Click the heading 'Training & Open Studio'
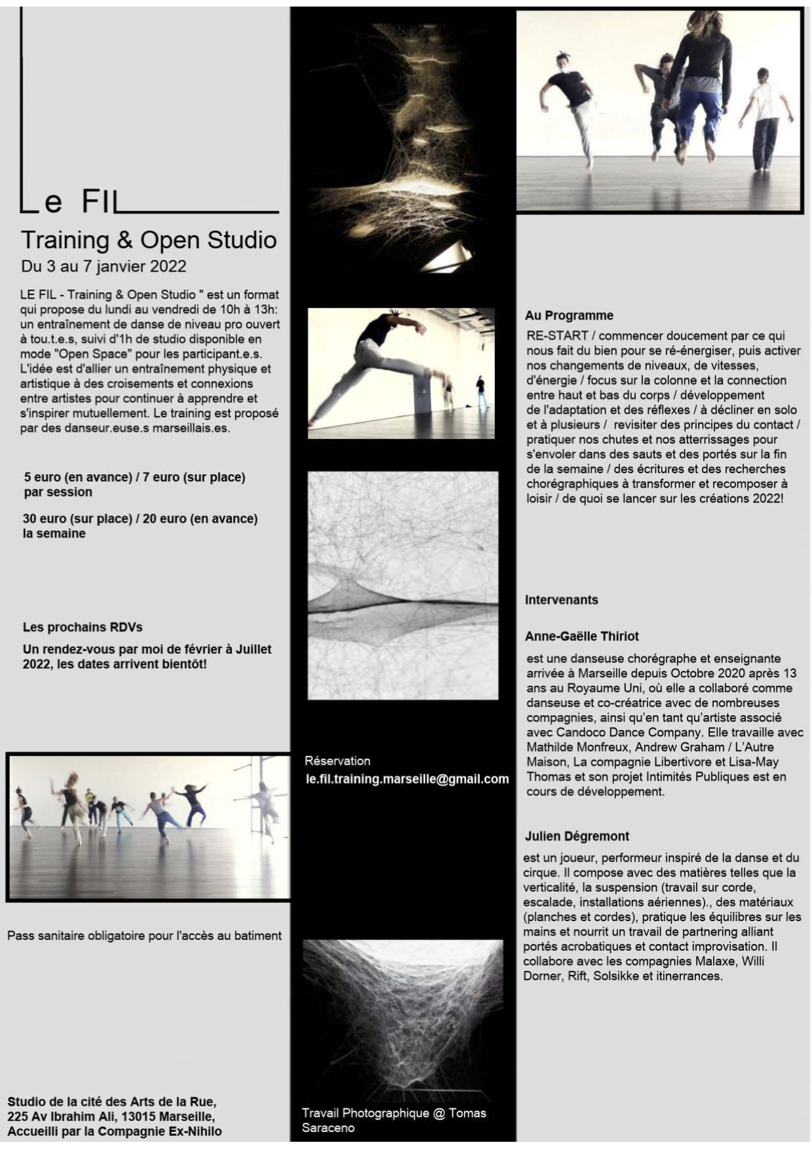click(x=149, y=240)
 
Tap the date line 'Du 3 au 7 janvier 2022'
click(x=104, y=267)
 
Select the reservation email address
click(x=407, y=779)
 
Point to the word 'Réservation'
click(x=337, y=761)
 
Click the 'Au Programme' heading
click(x=569, y=315)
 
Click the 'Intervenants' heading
click(x=561, y=599)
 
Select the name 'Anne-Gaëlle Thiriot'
click(x=581, y=636)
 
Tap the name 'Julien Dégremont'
click(x=577, y=836)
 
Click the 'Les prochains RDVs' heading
click(x=83, y=627)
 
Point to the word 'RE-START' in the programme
click(x=557, y=335)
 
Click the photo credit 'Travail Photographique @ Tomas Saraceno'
click(x=393, y=1120)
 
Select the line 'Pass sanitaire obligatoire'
click(x=144, y=935)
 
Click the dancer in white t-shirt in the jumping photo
click(x=765, y=118)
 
